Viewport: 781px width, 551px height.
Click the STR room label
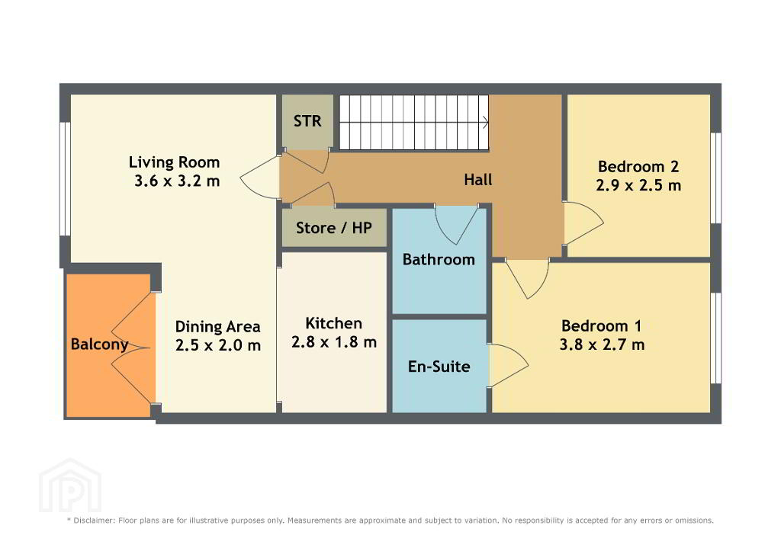307,121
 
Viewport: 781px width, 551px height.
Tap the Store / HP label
334,228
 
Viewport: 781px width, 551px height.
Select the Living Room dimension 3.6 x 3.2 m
177,181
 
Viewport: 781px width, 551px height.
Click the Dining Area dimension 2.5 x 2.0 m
217,345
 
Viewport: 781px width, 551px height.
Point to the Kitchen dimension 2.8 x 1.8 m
334,342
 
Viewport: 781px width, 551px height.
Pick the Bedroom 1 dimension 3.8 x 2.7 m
602,344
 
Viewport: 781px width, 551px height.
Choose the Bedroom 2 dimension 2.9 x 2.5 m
638,185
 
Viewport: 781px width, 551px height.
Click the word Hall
477,180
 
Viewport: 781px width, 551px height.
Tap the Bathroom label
439,259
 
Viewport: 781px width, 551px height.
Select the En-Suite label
439,367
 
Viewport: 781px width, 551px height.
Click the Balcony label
100,344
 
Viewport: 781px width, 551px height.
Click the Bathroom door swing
456,224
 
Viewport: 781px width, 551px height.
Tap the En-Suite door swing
509,365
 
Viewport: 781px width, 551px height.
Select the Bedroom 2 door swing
583,223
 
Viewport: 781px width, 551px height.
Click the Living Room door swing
259,178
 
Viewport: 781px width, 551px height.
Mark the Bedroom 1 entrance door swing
527,279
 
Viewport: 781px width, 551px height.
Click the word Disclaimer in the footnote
94,521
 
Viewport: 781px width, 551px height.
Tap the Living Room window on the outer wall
65,178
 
